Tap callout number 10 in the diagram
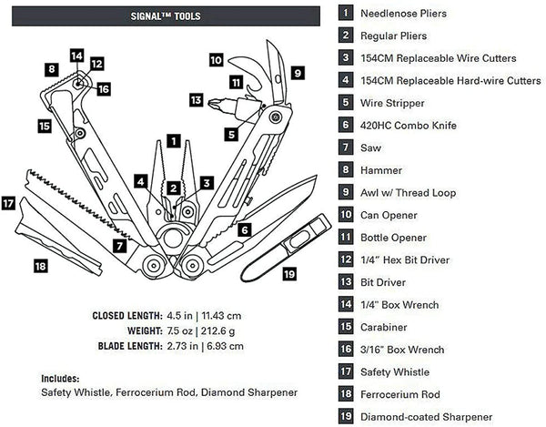(x=216, y=60)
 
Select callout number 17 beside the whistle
(x=10, y=204)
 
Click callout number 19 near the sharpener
(x=288, y=272)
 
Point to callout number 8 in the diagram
(x=53, y=69)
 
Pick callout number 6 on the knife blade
(x=245, y=229)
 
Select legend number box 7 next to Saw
(x=346, y=147)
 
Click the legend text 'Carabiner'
(x=387, y=327)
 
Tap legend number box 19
(x=346, y=416)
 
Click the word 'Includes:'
(x=60, y=377)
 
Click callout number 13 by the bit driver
(x=196, y=99)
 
